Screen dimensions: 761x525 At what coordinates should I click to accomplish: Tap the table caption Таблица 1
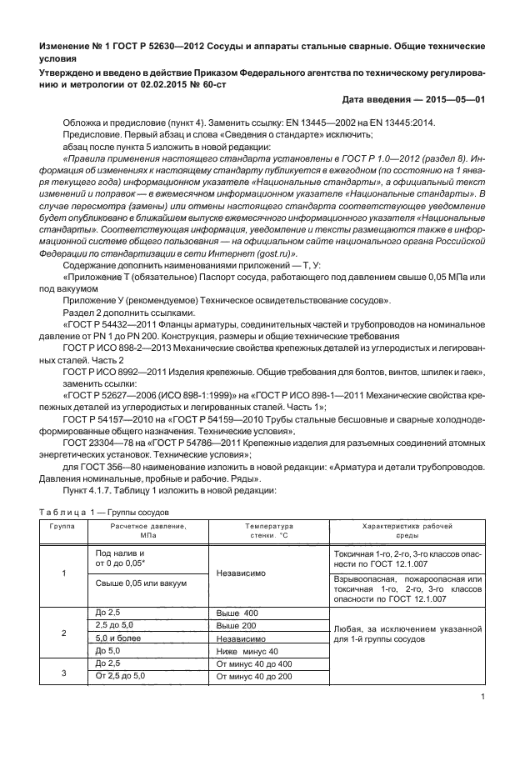pos(64,511)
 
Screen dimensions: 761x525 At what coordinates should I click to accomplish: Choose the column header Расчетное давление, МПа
pos(148,531)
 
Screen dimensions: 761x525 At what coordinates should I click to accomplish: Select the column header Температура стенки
pos(269,531)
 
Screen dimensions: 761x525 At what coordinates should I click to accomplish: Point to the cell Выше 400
pos(237,613)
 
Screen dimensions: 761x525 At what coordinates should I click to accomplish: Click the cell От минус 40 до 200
pos(252,676)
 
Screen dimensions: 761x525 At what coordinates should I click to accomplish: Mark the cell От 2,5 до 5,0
pos(122,676)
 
